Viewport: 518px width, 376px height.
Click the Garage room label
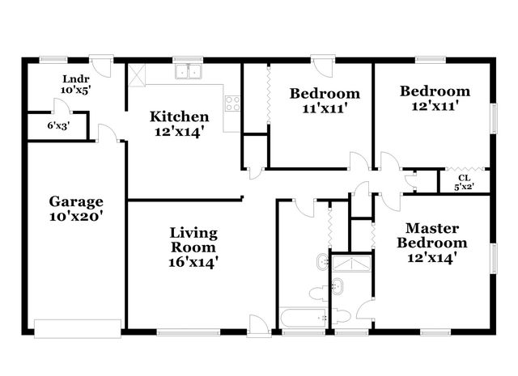click(x=76, y=209)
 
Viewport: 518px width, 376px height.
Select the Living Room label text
click(x=193, y=247)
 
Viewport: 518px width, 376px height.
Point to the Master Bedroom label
click(x=435, y=243)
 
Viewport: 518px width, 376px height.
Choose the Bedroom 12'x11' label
click(x=435, y=99)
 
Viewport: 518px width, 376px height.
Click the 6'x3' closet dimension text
click(x=57, y=125)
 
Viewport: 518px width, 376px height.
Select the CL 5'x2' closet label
click(x=464, y=182)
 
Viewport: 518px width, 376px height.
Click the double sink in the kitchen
click(x=191, y=72)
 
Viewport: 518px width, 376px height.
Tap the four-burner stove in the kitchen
click(x=232, y=103)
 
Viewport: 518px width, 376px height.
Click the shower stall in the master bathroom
click(x=353, y=264)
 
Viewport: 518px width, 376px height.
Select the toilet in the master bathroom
click(x=342, y=315)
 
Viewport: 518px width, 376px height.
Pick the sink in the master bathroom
click(x=337, y=286)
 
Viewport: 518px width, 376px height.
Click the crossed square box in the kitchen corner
click(x=136, y=74)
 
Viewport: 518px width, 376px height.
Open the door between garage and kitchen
click(x=107, y=134)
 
